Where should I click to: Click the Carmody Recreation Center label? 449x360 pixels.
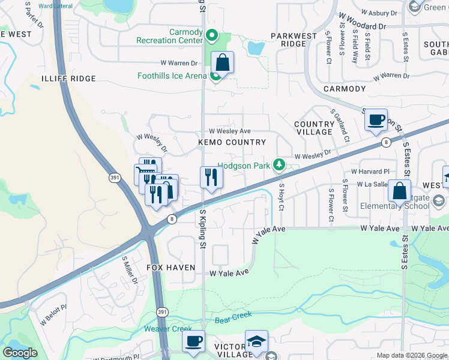pyautogui.click(x=169, y=36)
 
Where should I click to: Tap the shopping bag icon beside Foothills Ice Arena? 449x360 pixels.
pyautogui.click(x=222, y=62)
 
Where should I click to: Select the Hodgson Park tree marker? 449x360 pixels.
pyautogui.click(x=279, y=164)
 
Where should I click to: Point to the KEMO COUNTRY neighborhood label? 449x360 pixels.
pyautogui.click(x=232, y=142)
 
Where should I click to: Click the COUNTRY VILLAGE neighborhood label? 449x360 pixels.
pyautogui.click(x=314, y=128)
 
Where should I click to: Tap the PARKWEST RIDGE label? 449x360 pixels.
pyautogui.click(x=294, y=40)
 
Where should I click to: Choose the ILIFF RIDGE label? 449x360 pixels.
pyautogui.click(x=68, y=79)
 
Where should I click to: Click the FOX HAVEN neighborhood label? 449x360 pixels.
pyautogui.click(x=171, y=267)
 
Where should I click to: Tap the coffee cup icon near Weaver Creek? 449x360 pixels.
pyautogui.click(x=193, y=341)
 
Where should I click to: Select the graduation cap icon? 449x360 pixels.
pyautogui.click(x=256, y=341)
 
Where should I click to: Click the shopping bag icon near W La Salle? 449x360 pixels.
pyautogui.click(x=399, y=191)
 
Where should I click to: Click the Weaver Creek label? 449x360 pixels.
pyautogui.click(x=168, y=329)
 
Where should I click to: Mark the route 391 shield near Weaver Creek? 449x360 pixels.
pyautogui.click(x=171, y=313)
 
